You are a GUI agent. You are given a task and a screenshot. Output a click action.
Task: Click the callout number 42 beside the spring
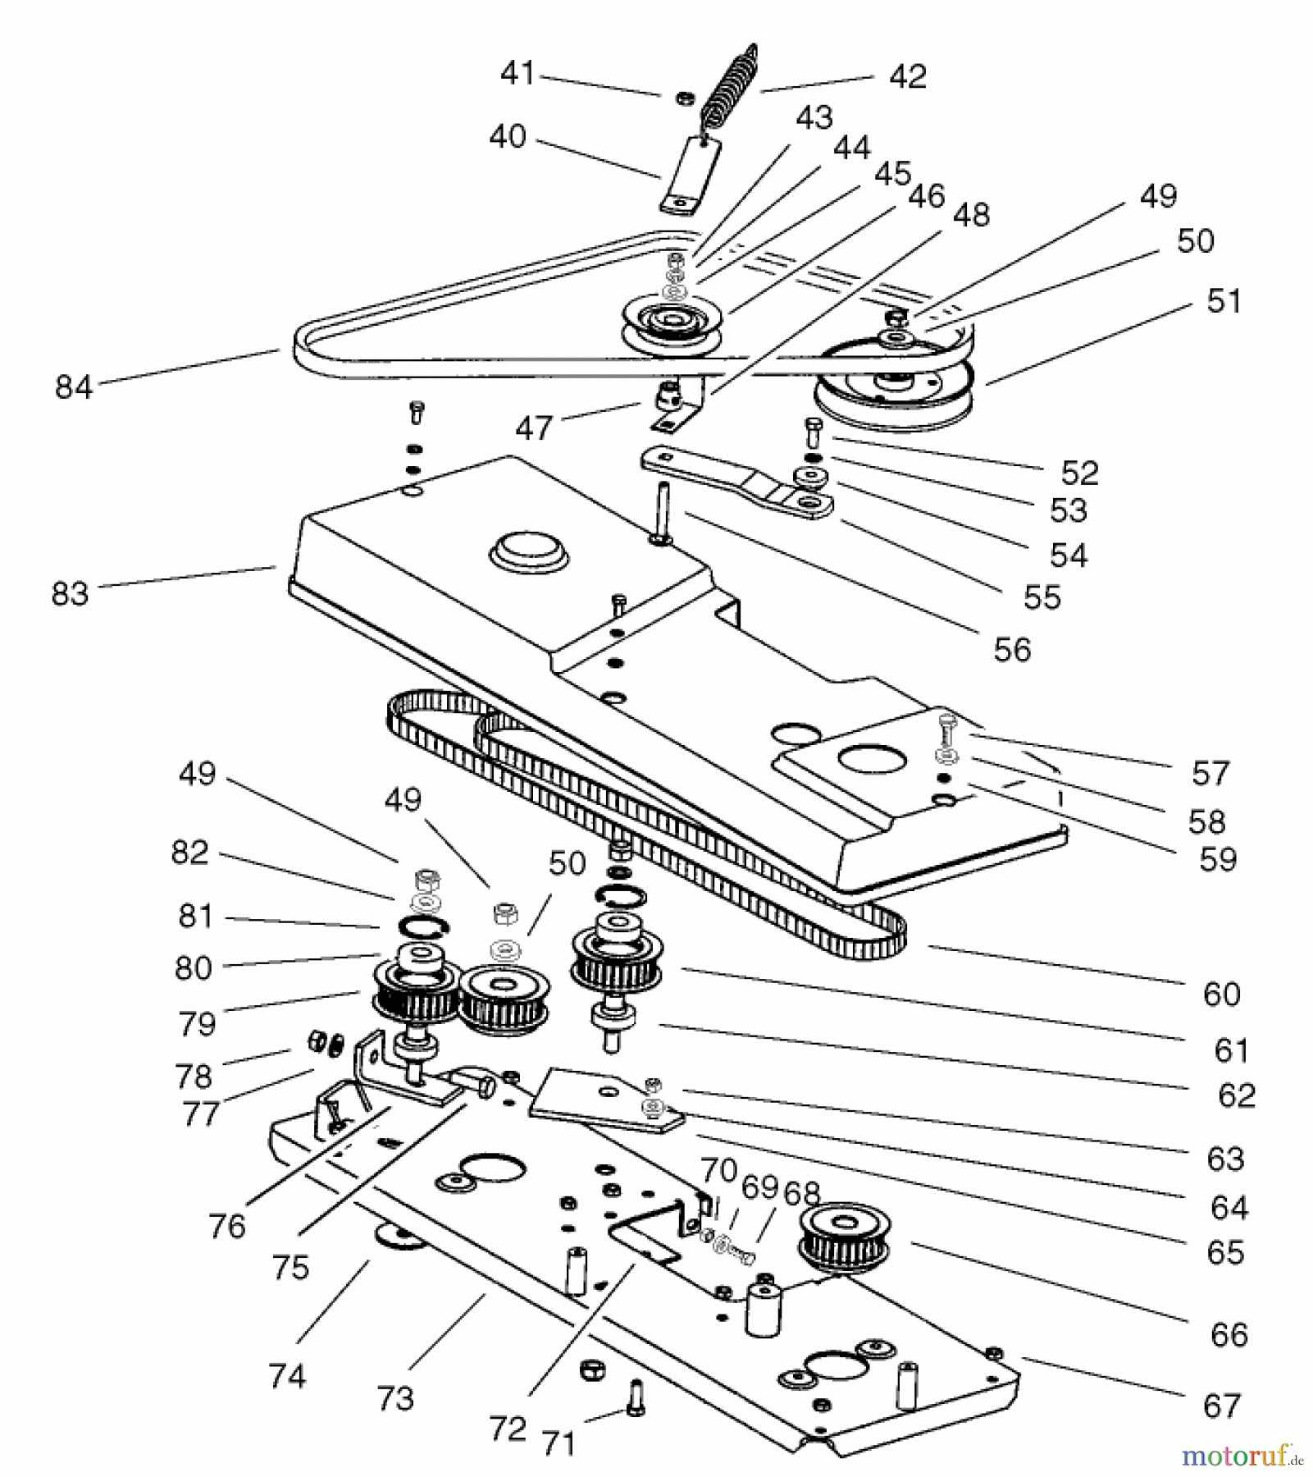pyautogui.click(x=908, y=76)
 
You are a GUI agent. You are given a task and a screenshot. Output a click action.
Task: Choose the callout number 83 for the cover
pyautogui.click(x=70, y=592)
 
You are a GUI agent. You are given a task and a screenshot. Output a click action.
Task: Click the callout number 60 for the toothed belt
pyautogui.click(x=1221, y=994)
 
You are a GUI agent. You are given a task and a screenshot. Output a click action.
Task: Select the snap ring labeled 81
pyautogui.click(x=423, y=927)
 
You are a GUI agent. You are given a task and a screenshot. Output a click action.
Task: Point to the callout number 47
pyautogui.click(x=534, y=428)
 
